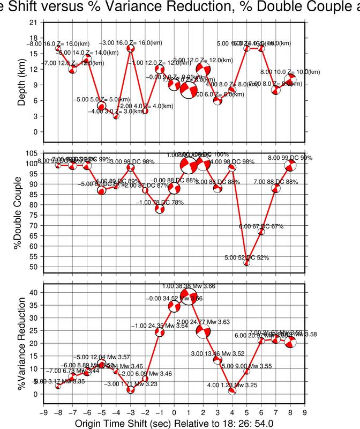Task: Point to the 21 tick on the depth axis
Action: point(33,23)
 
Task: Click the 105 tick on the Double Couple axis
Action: point(32,154)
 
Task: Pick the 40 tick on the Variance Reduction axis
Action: point(33,293)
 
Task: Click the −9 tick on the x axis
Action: point(43,412)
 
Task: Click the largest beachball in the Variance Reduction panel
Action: point(188,296)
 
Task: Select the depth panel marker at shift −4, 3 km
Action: point(116,116)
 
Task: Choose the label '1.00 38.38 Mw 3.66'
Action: point(189,287)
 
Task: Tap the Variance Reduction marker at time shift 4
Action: point(232,391)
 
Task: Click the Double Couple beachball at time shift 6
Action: point(261,232)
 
